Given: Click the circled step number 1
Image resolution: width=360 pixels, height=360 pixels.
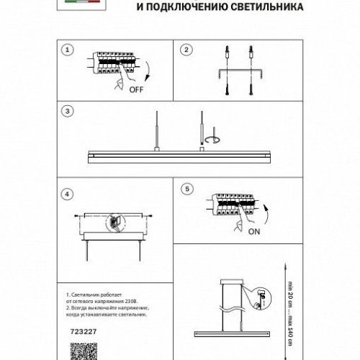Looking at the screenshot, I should pyautogui.click(x=67, y=50).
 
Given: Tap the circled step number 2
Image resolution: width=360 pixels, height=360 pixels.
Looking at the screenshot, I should pyautogui.click(x=186, y=50).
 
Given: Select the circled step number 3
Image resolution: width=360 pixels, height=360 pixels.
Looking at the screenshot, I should pyautogui.click(x=67, y=112).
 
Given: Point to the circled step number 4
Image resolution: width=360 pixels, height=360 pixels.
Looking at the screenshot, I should pyautogui.click(x=67, y=194).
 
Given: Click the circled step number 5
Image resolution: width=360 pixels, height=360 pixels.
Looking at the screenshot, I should pyautogui.click(x=186, y=189).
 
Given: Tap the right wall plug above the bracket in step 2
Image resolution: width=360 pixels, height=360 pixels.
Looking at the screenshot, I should pyautogui.click(x=250, y=51).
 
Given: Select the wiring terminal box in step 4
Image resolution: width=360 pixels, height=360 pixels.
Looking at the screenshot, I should pyautogui.click(x=114, y=222).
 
